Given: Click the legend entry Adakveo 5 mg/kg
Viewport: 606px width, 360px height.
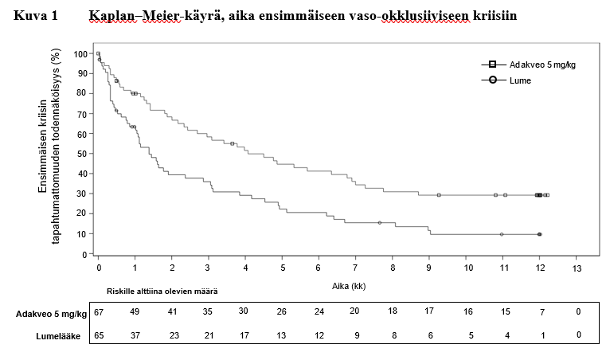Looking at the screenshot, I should click(542, 65).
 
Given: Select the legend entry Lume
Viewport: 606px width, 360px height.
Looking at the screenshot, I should click(520, 80).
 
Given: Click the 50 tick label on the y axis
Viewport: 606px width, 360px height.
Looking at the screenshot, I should click(83, 154).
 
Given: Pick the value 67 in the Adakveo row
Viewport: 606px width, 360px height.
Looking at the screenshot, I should click(100, 311).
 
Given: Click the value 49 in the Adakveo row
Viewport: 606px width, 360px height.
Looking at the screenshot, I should click(135, 311).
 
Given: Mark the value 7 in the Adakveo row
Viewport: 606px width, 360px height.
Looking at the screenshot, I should click(541, 311).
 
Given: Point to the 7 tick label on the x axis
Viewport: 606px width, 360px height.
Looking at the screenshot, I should click(356, 268).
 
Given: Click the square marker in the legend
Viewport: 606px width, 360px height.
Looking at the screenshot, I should click(492, 65).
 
